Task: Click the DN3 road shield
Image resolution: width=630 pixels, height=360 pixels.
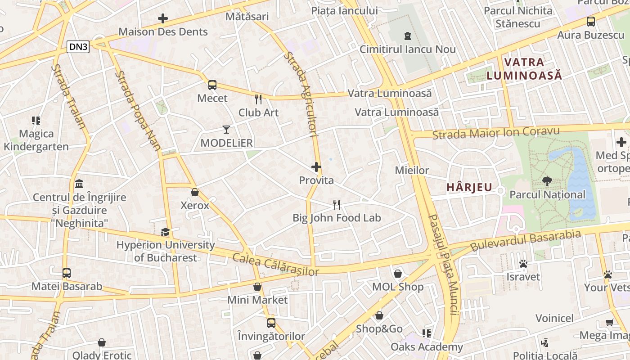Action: click(78, 47)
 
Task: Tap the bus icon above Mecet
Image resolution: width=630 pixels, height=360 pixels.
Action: click(212, 85)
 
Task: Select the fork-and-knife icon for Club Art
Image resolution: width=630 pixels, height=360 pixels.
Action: click(258, 99)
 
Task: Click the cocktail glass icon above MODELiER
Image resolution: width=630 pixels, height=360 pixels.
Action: click(226, 130)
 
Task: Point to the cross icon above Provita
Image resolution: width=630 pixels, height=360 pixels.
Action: click(316, 167)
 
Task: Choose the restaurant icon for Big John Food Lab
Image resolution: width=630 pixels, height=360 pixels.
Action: click(337, 205)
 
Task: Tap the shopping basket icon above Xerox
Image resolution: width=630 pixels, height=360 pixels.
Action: click(195, 192)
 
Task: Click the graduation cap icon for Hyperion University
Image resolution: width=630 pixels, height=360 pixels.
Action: click(166, 232)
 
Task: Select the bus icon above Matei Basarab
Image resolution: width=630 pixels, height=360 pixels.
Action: click(67, 273)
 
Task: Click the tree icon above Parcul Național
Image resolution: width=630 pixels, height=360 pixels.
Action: click(547, 181)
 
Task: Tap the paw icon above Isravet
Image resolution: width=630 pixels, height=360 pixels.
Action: click(523, 263)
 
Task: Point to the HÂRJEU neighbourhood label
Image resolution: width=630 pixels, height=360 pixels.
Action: click(469, 187)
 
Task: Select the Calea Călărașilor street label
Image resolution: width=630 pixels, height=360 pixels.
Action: click(275, 265)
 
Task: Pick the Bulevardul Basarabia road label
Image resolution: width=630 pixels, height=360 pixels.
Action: click(526, 241)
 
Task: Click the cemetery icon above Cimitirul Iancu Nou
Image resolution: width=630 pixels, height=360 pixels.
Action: click(408, 36)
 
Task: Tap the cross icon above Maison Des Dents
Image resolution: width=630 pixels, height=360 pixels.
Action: click(163, 18)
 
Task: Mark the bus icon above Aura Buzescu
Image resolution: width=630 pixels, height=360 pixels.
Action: click(591, 21)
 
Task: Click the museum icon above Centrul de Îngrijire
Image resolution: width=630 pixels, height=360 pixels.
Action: click(80, 184)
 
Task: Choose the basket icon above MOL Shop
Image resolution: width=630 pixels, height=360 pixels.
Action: click(398, 273)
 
